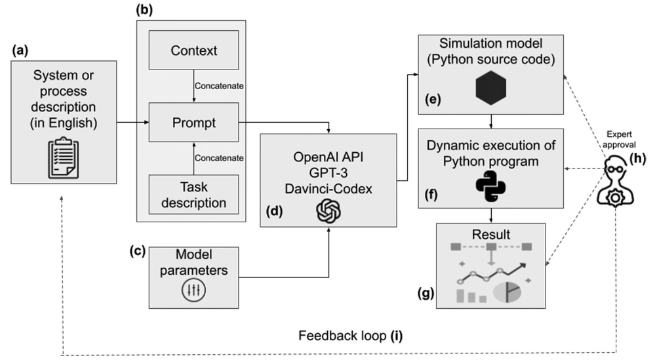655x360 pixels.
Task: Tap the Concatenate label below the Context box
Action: [219, 86]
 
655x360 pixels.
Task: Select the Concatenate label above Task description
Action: [219, 158]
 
